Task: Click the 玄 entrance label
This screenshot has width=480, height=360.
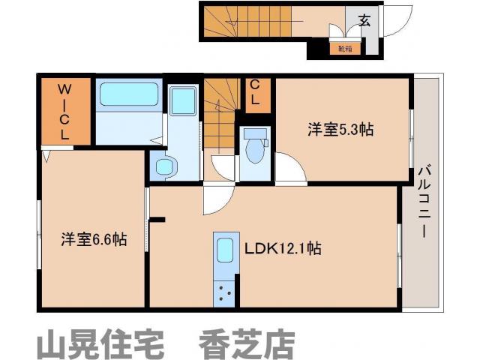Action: (x=364, y=21)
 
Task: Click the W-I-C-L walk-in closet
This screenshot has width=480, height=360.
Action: (x=65, y=112)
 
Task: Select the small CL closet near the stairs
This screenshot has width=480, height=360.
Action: (x=255, y=94)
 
